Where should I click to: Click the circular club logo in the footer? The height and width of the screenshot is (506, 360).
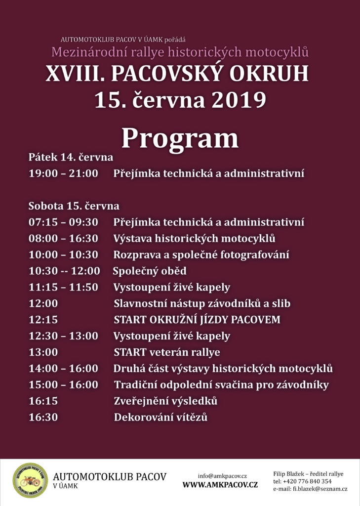point(30,480)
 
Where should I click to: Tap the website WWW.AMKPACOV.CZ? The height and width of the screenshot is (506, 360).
point(220,485)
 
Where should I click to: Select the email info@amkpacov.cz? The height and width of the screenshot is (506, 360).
point(222,475)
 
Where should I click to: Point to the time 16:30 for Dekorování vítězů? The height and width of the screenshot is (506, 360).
point(43,417)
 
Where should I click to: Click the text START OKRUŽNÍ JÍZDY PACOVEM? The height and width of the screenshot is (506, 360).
point(197,319)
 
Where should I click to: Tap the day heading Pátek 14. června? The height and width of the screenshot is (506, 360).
point(71,157)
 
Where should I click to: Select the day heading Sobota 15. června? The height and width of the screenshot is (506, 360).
point(74,206)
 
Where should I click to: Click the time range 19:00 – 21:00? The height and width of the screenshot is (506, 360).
point(63,173)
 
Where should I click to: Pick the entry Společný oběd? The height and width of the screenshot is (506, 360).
point(150,271)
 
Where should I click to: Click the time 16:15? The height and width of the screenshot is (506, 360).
point(43,401)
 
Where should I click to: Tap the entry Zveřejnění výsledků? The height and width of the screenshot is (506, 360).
point(165,401)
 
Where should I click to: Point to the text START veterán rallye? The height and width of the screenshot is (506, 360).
point(167,352)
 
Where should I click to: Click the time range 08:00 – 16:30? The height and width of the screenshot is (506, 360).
point(63,238)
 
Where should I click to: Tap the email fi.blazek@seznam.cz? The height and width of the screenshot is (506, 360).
point(320,489)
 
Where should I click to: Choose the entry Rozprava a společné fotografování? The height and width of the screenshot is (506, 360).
point(201,254)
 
